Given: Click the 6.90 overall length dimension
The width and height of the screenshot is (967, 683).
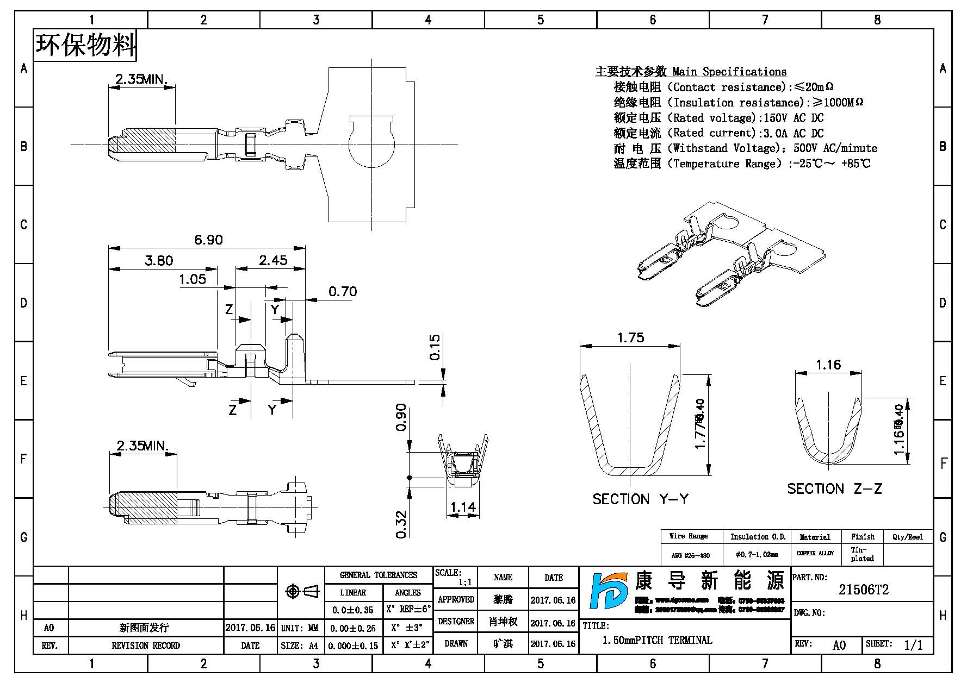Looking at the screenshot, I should (208, 240).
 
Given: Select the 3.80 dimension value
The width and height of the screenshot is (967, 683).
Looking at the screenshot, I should (159, 260).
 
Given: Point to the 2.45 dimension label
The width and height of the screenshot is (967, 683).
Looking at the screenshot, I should (273, 260).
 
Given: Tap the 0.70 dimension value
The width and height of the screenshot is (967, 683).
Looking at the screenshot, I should (343, 292).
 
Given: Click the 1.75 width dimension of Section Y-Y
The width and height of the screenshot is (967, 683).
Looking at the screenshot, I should (630, 337).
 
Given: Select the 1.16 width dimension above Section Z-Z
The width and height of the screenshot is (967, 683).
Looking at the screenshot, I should (828, 365).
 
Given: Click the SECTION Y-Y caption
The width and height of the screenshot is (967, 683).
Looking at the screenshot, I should (640, 499).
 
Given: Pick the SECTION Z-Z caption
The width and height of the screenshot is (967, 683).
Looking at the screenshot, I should (834, 488).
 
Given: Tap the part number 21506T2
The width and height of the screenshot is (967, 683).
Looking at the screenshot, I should (863, 590).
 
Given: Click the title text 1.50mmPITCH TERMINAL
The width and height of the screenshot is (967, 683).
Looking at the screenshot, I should (657, 640).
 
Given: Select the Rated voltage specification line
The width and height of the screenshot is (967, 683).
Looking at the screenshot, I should (718, 118).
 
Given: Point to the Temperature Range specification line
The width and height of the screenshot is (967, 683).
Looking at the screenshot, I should (742, 164).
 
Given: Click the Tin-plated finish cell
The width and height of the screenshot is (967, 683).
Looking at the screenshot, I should (862, 554).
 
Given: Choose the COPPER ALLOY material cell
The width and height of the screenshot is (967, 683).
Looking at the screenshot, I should (815, 554).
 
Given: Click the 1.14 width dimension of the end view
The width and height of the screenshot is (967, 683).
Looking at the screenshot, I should (463, 507).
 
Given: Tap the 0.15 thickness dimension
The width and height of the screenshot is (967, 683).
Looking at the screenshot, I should (435, 347).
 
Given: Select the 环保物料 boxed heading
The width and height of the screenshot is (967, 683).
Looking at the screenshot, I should (85, 45).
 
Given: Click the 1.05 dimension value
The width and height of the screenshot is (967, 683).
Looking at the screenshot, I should (193, 279).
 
